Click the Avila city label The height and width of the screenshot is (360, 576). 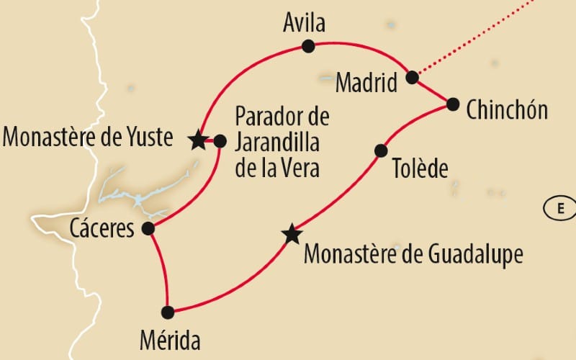coord(305,24)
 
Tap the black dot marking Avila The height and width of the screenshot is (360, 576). coord(309,47)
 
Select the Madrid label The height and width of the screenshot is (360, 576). coord(366,83)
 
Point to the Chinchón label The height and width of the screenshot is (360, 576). coord(507,110)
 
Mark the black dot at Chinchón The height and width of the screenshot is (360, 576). coord(452,104)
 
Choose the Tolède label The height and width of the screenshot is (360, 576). coord(420,169)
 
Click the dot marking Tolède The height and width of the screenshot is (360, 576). coord(381,150)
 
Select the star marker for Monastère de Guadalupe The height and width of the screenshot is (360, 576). coord(292,234)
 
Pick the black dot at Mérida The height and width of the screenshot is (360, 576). coord(168,312)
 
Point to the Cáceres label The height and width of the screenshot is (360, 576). coord(102,230)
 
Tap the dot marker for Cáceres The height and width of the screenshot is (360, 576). coord(148,229)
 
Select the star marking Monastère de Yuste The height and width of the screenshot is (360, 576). coord(198,140)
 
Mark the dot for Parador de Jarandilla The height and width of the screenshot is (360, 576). coord(220,141)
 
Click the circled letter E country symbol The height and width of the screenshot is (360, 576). coord(559,209)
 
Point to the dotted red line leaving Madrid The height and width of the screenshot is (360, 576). coord(475,40)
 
